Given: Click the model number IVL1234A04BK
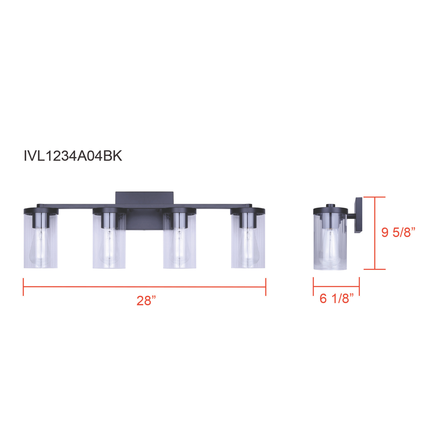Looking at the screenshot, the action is pos(73,156).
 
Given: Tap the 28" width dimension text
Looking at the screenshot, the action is pos(146,301).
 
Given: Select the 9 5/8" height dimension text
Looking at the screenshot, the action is pos(398,232).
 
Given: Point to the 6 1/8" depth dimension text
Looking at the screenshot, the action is pos(337,298).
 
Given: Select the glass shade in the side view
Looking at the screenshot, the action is pos(330,242).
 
